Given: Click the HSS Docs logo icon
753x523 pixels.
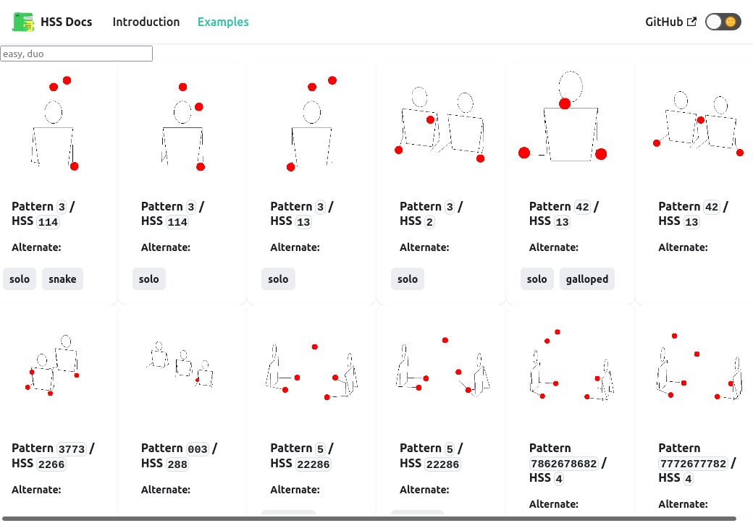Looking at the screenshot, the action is [x=23, y=22].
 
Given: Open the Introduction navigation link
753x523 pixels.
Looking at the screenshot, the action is [x=146, y=22].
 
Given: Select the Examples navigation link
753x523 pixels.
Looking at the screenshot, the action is [x=223, y=22].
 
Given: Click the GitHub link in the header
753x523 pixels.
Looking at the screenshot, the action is [x=670, y=22].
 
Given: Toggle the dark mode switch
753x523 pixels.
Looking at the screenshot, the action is [x=723, y=22].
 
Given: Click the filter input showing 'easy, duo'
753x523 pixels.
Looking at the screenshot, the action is [x=76, y=54].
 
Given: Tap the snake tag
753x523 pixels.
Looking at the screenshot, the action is [x=62, y=278].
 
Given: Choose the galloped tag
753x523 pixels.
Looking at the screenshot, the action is [x=587, y=278].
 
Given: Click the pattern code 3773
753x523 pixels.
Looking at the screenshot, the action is [x=72, y=449].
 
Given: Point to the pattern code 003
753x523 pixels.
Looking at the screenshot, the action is [x=198, y=449].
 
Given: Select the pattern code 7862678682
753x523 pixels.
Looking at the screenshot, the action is [x=564, y=464].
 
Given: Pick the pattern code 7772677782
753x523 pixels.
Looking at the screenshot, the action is [x=693, y=464].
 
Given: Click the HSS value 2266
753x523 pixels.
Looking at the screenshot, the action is [x=51, y=464].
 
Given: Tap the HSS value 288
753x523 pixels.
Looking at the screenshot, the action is [x=177, y=464].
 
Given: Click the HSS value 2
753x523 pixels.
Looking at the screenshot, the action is [x=429, y=222].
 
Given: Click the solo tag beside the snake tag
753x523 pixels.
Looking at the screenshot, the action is [x=20, y=278].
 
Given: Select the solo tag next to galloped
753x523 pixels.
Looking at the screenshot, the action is [x=537, y=278].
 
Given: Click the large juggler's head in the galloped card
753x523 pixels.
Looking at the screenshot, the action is [x=571, y=86].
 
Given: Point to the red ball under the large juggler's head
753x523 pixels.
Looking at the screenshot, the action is [x=565, y=103].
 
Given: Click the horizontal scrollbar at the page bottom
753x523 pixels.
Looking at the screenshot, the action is [x=369, y=519].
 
